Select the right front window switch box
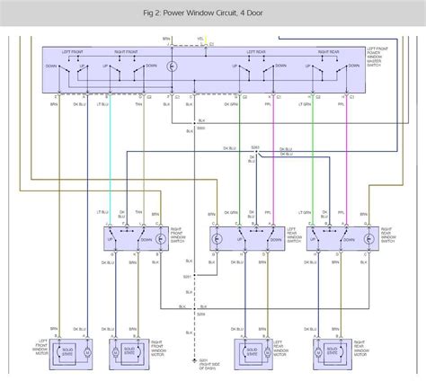point(135,240)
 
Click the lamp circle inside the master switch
point(174,68)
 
